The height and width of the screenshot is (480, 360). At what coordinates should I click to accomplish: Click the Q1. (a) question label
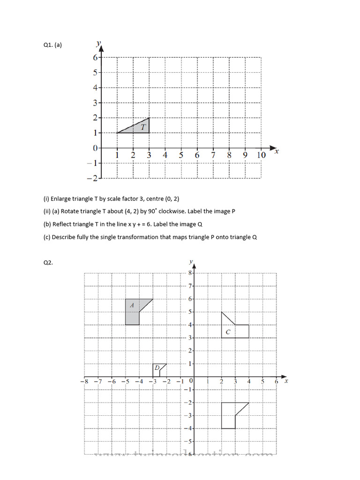[x=52, y=45]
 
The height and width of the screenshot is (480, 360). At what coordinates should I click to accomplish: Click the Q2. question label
[x=48, y=263]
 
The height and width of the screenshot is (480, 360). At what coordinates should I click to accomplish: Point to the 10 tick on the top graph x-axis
[x=261, y=155]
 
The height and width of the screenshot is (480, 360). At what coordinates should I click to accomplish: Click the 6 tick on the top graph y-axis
[x=95, y=58]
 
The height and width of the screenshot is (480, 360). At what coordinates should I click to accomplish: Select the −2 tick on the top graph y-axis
[x=93, y=179]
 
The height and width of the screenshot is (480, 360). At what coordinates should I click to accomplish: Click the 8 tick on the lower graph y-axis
[x=190, y=272]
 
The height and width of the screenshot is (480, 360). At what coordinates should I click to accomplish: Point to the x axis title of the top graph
[x=276, y=151]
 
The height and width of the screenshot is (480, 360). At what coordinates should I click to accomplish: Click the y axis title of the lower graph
[x=190, y=261]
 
